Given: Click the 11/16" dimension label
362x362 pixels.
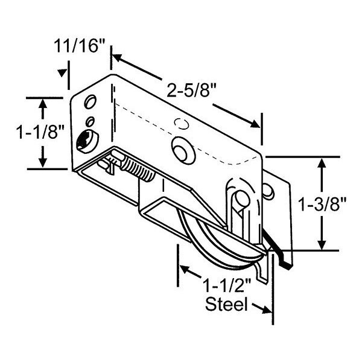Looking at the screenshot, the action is (x=80, y=46).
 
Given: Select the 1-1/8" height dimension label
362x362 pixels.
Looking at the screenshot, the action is (x=40, y=133).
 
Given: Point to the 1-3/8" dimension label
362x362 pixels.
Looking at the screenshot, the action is (x=322, y=204).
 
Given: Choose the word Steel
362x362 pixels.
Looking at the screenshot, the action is (x=226, y=304).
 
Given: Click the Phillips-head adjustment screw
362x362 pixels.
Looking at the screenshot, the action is (x=87, y=142).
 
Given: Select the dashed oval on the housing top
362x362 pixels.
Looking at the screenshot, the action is (x=182, y=124).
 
